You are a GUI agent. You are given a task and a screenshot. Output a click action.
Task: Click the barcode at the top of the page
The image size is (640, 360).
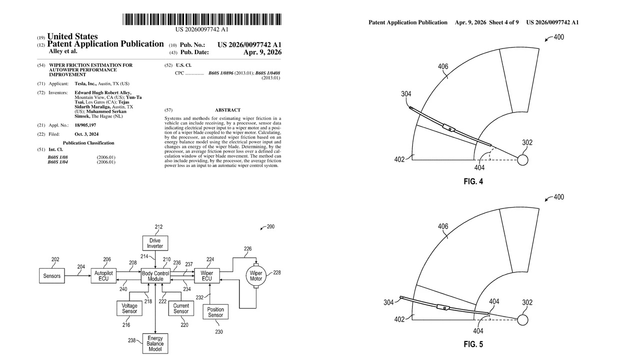pos(202,19)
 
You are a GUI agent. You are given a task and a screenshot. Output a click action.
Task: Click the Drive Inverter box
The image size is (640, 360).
pos(155,243)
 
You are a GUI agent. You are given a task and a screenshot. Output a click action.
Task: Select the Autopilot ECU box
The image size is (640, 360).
pos(103,276)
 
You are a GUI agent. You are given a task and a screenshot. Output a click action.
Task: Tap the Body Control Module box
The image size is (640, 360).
pos(155,276)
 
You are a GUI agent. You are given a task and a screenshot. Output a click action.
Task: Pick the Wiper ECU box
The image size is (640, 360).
pos(206,276)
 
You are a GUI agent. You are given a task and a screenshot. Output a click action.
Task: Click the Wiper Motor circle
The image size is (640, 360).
pos(256,276)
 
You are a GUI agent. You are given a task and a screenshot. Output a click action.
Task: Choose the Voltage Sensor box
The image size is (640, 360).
pos(129,308)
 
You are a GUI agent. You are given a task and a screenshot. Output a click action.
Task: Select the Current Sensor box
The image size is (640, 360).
pos(181,308)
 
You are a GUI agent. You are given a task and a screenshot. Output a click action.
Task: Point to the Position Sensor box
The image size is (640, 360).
pos(215,312)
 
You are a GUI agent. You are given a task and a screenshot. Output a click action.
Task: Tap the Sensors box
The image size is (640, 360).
pos(52,276)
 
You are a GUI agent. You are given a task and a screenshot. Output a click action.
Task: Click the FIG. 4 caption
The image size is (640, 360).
pos(473,182)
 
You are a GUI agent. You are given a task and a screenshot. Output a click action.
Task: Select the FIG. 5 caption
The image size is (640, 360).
pos(473,344)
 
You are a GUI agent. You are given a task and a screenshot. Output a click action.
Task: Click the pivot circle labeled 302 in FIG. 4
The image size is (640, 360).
pos(522,160)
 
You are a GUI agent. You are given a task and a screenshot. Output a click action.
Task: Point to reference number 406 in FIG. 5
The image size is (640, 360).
pos(443,226)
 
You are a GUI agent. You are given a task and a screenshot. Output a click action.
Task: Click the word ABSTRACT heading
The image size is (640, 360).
pos(227,110)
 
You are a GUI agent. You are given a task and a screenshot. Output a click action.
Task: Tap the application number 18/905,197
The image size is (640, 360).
pos(85,125)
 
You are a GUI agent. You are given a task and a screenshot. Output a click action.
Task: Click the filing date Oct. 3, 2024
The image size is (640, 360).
pos(86,134)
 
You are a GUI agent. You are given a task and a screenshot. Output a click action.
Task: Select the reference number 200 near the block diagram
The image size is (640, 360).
pos(270,226)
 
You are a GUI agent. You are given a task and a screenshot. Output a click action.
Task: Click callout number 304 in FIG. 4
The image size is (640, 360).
pos(406,94)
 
